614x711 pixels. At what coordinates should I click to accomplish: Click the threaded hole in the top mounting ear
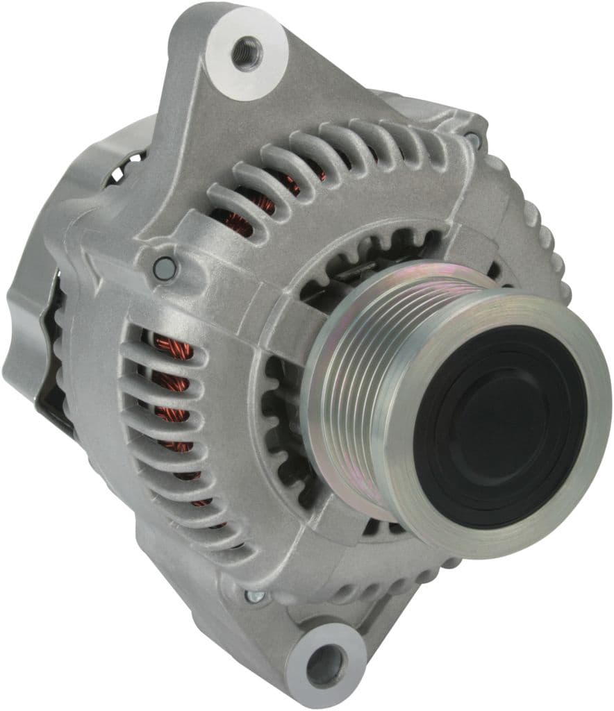(x=247, y=52)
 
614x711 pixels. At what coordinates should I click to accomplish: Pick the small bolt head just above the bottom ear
(x=255, y=596)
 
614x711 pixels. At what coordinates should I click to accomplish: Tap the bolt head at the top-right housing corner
(x=474, y=139)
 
